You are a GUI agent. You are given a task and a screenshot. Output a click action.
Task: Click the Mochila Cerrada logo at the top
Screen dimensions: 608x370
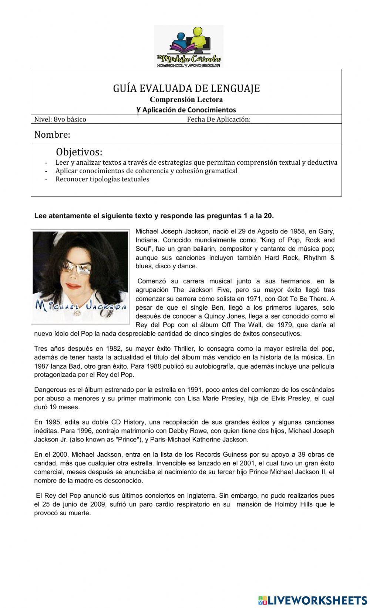click(x=188, y=47)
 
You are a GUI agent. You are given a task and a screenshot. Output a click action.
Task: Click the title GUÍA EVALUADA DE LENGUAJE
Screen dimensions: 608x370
click(x=186, y=88)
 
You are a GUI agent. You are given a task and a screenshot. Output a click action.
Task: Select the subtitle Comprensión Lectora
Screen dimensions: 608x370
click(x=186, y=100)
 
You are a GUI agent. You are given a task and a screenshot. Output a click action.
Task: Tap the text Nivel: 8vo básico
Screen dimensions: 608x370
click(x=60, y=119)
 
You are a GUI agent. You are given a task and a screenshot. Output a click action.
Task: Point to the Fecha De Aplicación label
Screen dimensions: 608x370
click(x=219, y=119)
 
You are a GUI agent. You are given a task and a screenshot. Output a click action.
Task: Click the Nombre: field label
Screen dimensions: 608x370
click(x=52, y=135)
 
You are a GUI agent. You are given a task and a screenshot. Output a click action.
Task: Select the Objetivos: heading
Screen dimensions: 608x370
click(x=79, y=152)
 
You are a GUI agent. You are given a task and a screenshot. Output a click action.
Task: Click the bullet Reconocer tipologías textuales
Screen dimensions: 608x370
click(x=102, y=179)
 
